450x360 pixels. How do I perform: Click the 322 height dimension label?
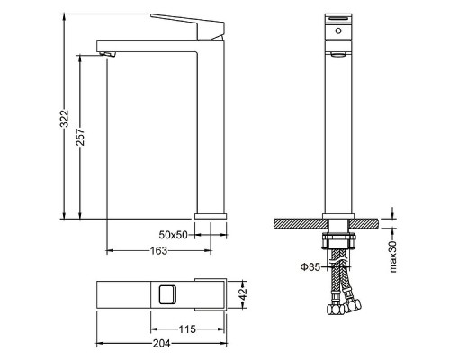click(65, 119)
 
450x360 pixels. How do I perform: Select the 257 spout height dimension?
click(80, 138)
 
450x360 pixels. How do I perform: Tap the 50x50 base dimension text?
click(173, 235)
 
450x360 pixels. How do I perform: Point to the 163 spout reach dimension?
click(158, 250)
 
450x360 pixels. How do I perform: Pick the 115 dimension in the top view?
click(187, 329)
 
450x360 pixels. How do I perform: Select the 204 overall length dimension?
click(161, 343)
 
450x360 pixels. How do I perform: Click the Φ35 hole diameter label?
click(310, 266)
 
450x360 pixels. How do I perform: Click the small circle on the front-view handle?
click(338, 31)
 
